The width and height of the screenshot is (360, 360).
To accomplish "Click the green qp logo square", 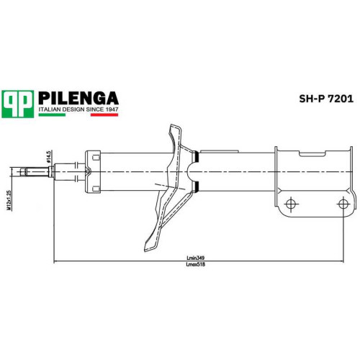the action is click(17, 104).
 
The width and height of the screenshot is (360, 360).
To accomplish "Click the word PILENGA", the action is click(78, 98).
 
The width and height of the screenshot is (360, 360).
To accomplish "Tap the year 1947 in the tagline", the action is click(111, 109).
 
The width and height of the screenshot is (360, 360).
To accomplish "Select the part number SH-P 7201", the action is click(326, 99).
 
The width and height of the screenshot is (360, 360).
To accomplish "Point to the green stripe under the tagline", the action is click(52, 114).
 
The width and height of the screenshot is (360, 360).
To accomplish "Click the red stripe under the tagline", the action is click(104, 114).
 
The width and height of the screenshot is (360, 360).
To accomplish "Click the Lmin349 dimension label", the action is click(195, 258).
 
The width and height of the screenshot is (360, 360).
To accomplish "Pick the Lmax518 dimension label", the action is click(196, 265).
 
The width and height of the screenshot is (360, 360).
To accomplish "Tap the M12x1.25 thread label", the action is click(9, 200).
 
